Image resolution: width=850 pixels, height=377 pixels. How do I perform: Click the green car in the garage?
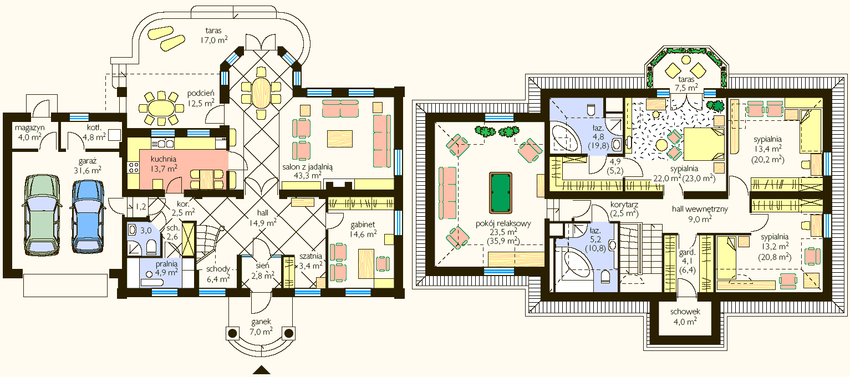pyautogui.click(x=42, y=215)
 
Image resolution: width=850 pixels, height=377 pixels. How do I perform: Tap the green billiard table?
pyautogui.click(x=501, y=193)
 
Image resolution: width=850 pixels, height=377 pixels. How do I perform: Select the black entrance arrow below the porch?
pyautogui.click(x=262, y=370)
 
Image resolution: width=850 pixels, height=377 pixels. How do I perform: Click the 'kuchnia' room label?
pyautogui.click(x=163, y=159)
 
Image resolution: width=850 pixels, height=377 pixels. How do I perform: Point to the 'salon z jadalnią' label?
pyautogui.click(x=307, y=166)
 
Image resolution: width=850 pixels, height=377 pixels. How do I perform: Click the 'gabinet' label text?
pyautogui.click(x=363, y=225)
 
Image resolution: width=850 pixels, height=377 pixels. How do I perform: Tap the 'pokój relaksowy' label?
pyautogui.click(x=503, y=223)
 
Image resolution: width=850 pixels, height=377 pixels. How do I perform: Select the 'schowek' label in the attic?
pyautogui.click(x=685, y=312)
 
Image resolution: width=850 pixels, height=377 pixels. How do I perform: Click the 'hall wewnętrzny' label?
pyautogui.click(x=700, y=209)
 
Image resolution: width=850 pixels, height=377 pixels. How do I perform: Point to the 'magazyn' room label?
pyautogui.click(x=29, y=128)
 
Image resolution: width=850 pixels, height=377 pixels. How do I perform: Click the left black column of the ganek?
pyautogui.click(x=233, y=333)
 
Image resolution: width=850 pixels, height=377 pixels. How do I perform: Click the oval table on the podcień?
pyautogui.click(x=161, y=109)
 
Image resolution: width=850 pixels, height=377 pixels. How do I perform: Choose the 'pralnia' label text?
pyautogui.click(x=166, y=263)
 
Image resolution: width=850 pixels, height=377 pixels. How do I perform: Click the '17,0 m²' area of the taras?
pyautogui.click(x=214, y=40)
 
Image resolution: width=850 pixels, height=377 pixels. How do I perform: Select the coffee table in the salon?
pyautogui.click(x=340, y=139)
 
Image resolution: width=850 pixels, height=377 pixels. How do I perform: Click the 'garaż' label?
pyautogui.click(x=87, y=161)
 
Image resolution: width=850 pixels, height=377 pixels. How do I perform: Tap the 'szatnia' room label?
pyautogui.click(x=311, y=256)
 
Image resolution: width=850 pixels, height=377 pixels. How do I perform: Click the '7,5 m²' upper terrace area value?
pyautogui.click(x=686, y=88)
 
